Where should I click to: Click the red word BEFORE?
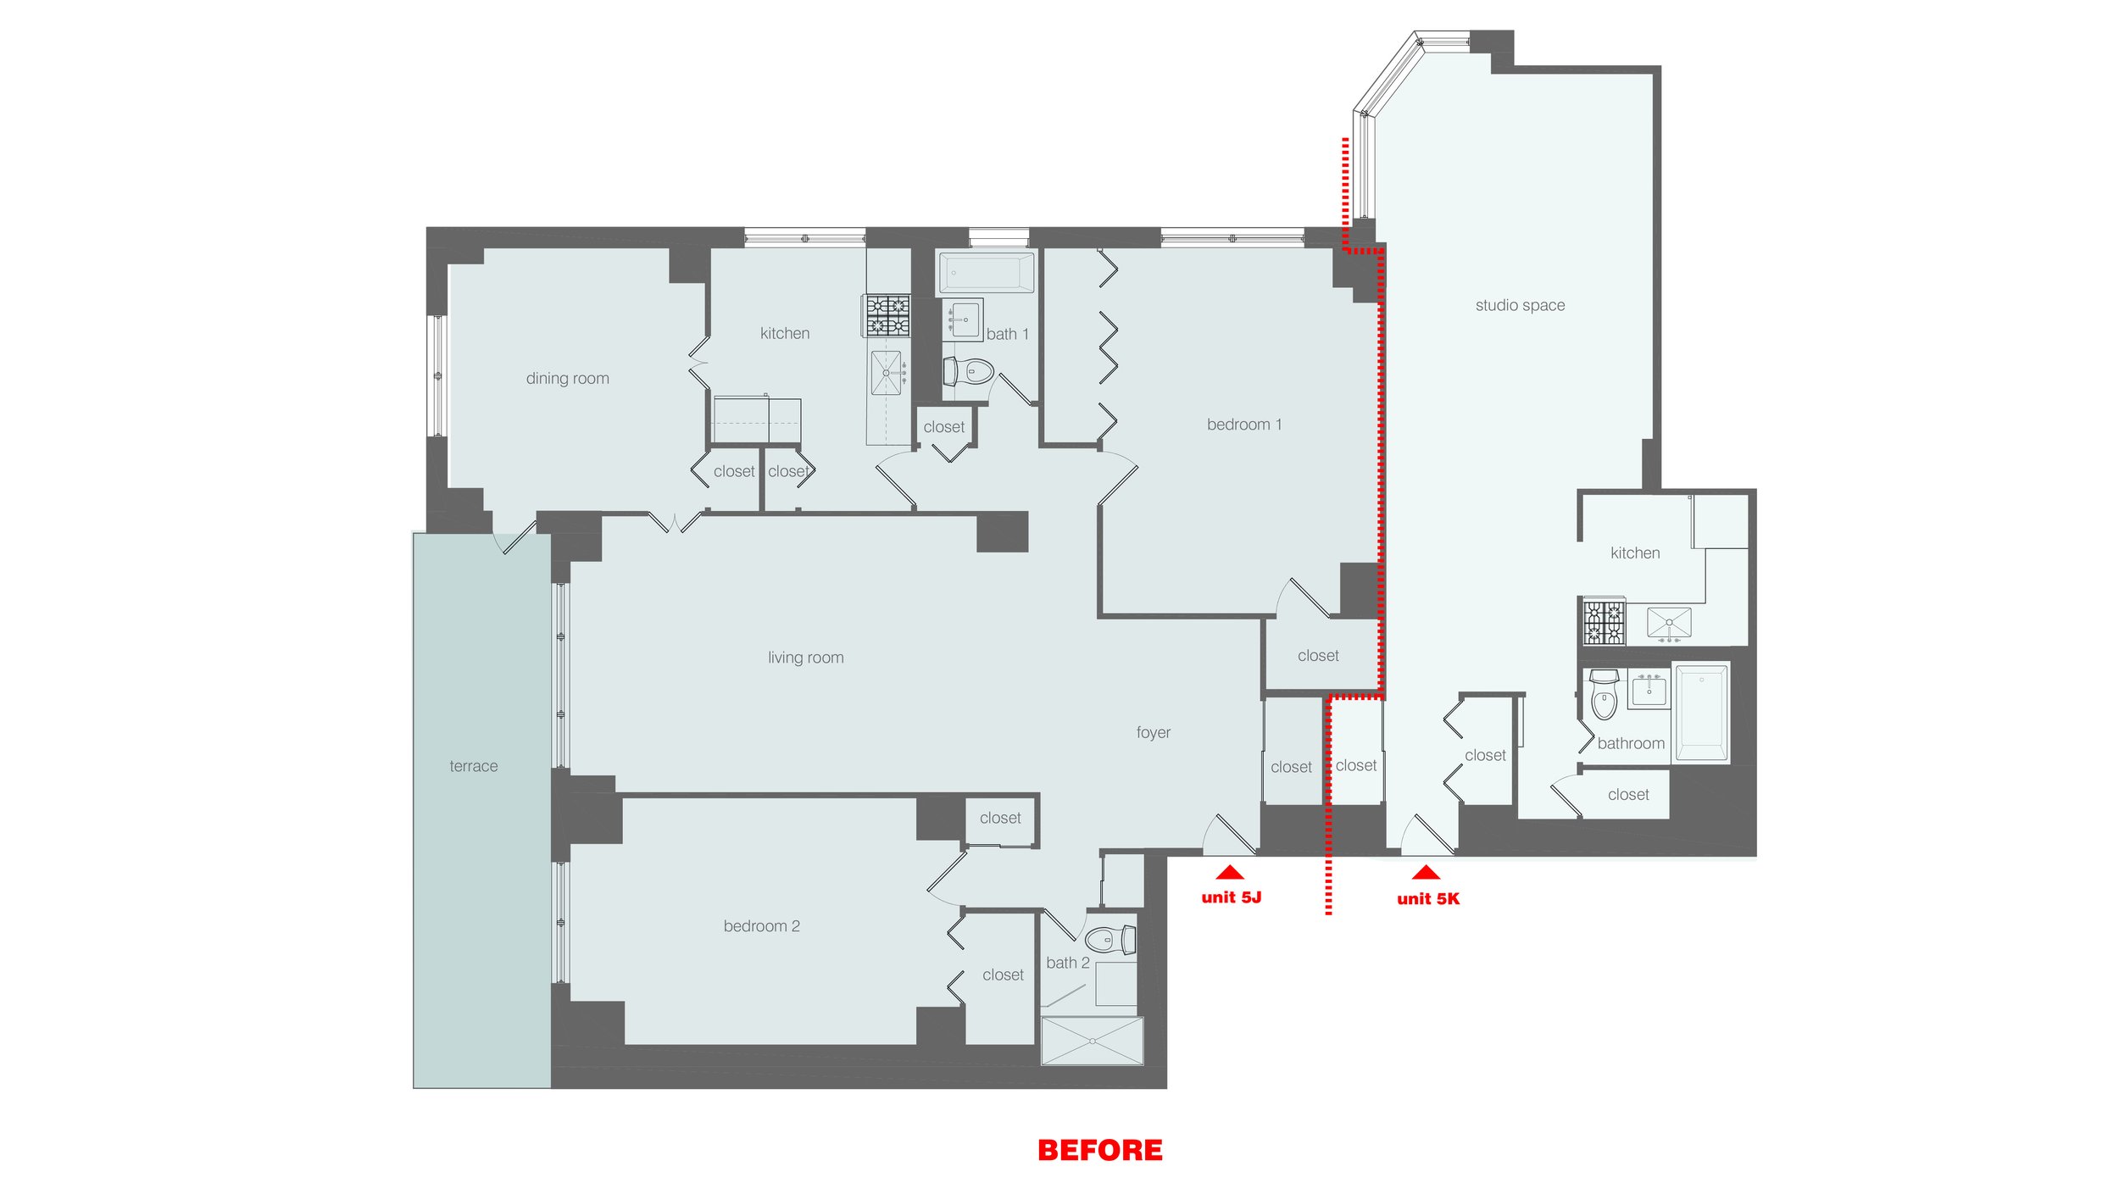[1100, 1150]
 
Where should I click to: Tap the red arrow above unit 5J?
[1229, 873]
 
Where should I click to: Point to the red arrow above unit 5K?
[1426, 873]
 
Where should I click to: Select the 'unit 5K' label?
[1428, 899]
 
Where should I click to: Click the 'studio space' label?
[1520, 306]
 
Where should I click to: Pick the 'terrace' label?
[474, 766]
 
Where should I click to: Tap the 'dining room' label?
[567, 379]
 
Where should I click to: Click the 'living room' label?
[805, 658]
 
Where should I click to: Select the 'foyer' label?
[1153, 732]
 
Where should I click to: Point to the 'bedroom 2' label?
[761, 926]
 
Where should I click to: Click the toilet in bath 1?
[968, 371]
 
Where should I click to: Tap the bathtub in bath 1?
[986, 273]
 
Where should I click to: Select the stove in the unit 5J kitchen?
[887, 314]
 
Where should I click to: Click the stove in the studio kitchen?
[1604, 622]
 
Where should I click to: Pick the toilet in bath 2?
[1110, 940]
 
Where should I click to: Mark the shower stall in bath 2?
[1092, 1040]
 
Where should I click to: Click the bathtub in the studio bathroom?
[1701, 712]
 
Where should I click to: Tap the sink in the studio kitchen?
[1668, 624]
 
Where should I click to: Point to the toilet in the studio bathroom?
[1605, 695]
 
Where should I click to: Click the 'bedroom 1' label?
[1244, 425]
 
